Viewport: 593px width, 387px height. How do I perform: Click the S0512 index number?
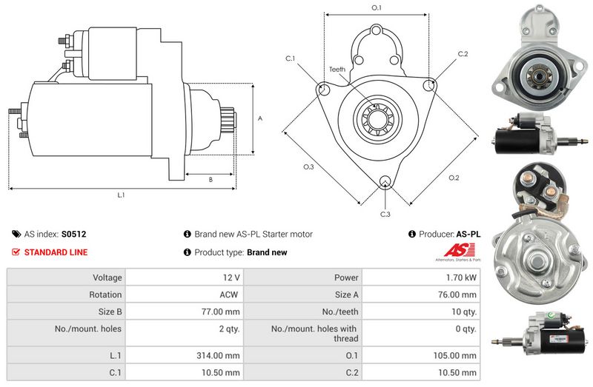73,234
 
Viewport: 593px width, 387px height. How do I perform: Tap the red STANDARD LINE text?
56,252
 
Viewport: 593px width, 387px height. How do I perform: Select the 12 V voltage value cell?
231,277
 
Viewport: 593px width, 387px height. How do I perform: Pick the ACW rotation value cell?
229,295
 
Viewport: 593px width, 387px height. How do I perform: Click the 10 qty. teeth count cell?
465,312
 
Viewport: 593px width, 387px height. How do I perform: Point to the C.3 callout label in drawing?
385,215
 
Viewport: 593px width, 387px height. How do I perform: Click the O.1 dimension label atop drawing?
376,8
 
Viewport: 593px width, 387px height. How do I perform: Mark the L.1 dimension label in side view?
121,195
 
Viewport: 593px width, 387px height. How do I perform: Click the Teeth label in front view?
337,70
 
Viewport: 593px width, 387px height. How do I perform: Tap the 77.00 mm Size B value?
223,312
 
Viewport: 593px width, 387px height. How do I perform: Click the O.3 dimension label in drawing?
308,167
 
